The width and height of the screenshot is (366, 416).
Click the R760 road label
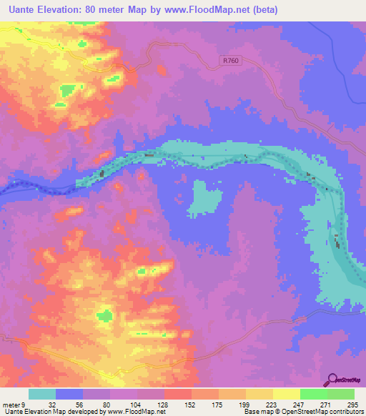(231, 61)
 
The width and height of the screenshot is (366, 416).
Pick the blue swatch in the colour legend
(69, 394)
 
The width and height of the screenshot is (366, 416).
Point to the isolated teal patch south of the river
(204, 199)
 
